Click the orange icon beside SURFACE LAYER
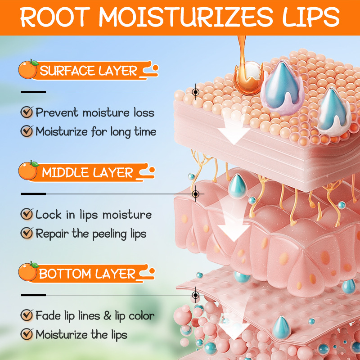[28, 70]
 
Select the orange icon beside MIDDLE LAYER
[28, 171]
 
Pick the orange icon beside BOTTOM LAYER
[28, 273]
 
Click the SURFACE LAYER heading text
[89, 71]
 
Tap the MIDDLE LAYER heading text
[88, 172]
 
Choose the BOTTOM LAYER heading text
[87, 274]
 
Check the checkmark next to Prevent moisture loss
[27, 112]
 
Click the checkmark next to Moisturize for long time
[27, 131]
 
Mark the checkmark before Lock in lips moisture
[27, 214]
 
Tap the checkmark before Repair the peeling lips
[27, 234]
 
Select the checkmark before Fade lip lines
[27, 315]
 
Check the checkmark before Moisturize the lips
[27, 334]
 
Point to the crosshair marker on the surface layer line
[196, 92]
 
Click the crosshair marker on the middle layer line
[196, 194]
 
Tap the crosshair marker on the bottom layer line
[196, 295]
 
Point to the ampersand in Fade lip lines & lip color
[107, 315]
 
